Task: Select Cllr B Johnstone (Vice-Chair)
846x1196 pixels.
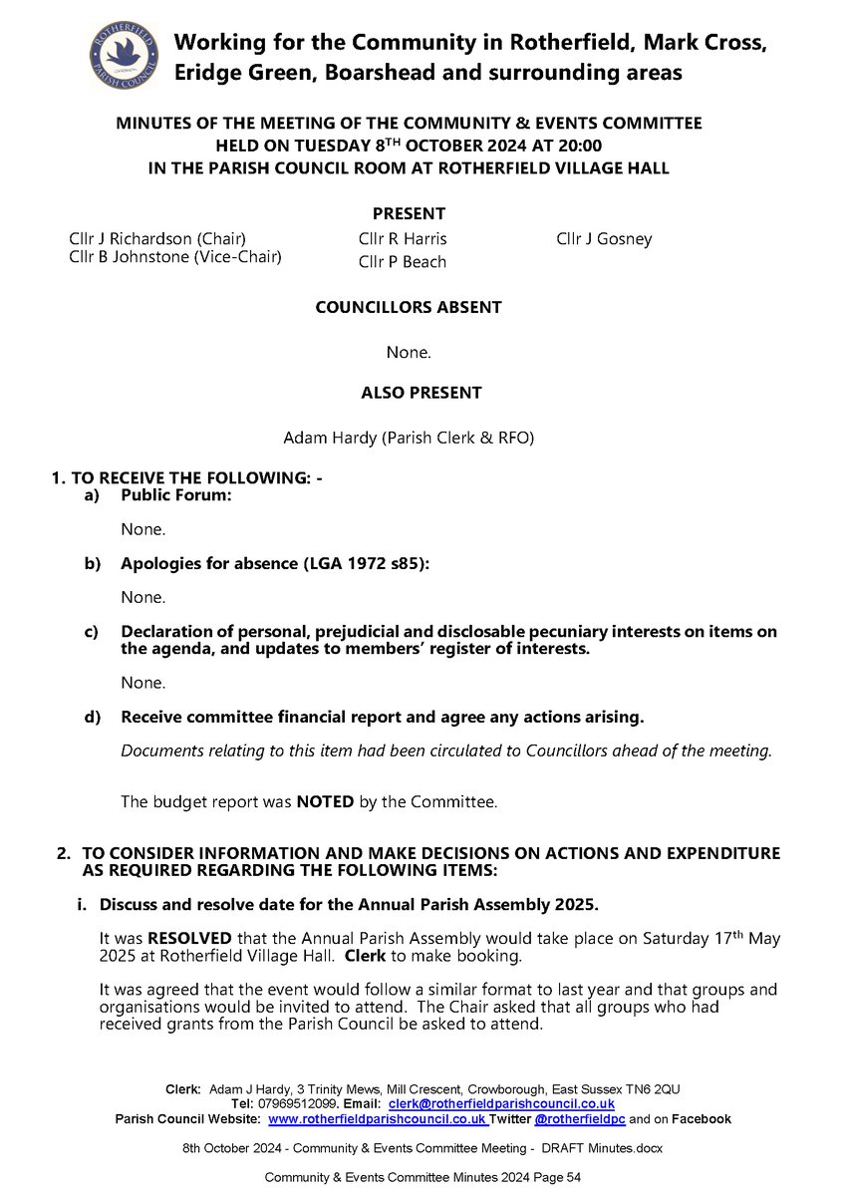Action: tap(169, 257)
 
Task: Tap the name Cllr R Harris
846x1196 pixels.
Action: tap(403, 239)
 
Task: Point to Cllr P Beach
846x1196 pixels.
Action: tap(403, 262)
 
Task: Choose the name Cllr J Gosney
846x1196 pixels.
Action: tap(604, 239)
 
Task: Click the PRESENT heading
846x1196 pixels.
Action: tap(409, 213)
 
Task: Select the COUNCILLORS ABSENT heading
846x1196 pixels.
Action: tap(409, 308)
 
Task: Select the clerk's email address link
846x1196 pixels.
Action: tap(501, 1104)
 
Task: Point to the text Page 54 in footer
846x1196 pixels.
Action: tap(558, 1177)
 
